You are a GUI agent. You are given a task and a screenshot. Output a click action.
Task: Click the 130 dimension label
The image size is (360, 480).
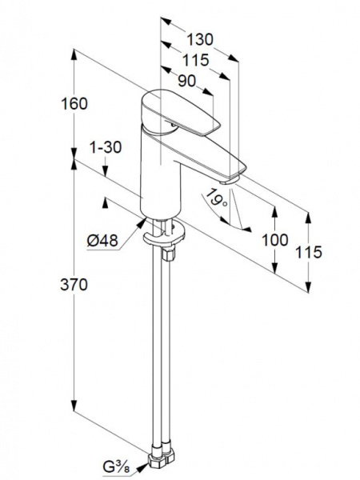(x=199, y=40)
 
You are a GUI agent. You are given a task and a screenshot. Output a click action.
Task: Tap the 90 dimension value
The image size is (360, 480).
(x=186, y=81)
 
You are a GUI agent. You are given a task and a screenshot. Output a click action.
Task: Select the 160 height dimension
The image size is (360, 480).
(x=74, y=104)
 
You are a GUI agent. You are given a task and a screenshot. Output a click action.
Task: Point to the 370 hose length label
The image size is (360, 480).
(x=74, y=285)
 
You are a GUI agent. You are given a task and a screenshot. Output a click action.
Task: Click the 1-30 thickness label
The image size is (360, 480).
(x=106, y=147)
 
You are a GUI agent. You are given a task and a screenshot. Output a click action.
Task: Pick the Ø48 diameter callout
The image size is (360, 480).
(x=102, y=241)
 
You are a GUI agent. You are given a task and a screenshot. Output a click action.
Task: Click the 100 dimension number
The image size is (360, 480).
(x=275, y=240)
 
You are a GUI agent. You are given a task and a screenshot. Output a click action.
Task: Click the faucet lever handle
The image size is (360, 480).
(x=180, y=112)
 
